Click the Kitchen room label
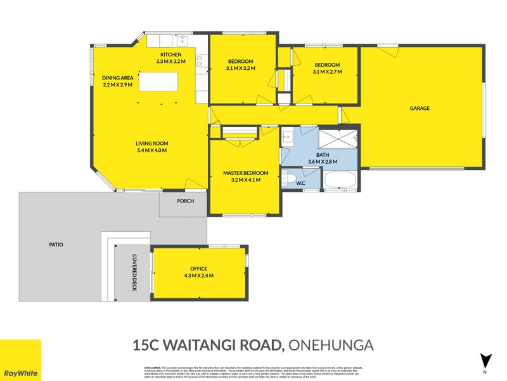170,55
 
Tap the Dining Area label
118,77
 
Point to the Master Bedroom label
245,173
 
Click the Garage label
420,109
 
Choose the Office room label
198,269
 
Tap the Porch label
183,201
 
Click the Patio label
56,244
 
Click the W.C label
301,184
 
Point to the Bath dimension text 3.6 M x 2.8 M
323,162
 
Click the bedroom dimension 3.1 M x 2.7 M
327,72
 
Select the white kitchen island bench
159,81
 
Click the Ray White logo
20,360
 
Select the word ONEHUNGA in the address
331,345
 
